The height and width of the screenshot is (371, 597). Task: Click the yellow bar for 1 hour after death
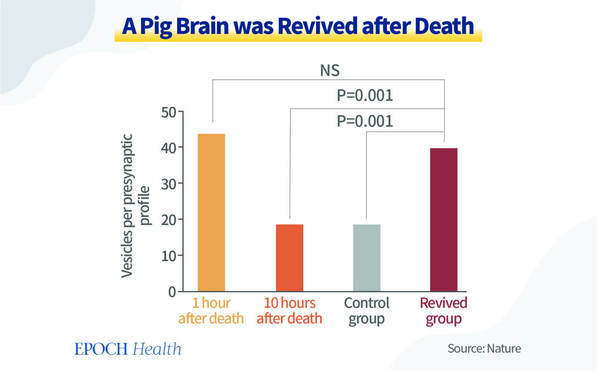tap(211, 213)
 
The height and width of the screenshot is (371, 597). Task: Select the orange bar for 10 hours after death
tap(289, 257)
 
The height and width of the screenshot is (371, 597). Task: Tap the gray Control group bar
tap(367, 257)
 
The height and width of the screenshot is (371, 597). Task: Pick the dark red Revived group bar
tap(444, 220)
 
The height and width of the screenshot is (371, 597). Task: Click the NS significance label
tap(329, 71)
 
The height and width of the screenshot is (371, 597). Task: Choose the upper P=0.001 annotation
tap(365, 96)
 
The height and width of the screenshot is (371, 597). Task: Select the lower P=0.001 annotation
tap(365, 121)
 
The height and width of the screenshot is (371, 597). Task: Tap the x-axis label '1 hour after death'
tap(211, 311)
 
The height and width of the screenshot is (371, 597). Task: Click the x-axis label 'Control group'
tap(367, 311)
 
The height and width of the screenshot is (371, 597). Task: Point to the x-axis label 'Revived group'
tap(444, 311)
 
